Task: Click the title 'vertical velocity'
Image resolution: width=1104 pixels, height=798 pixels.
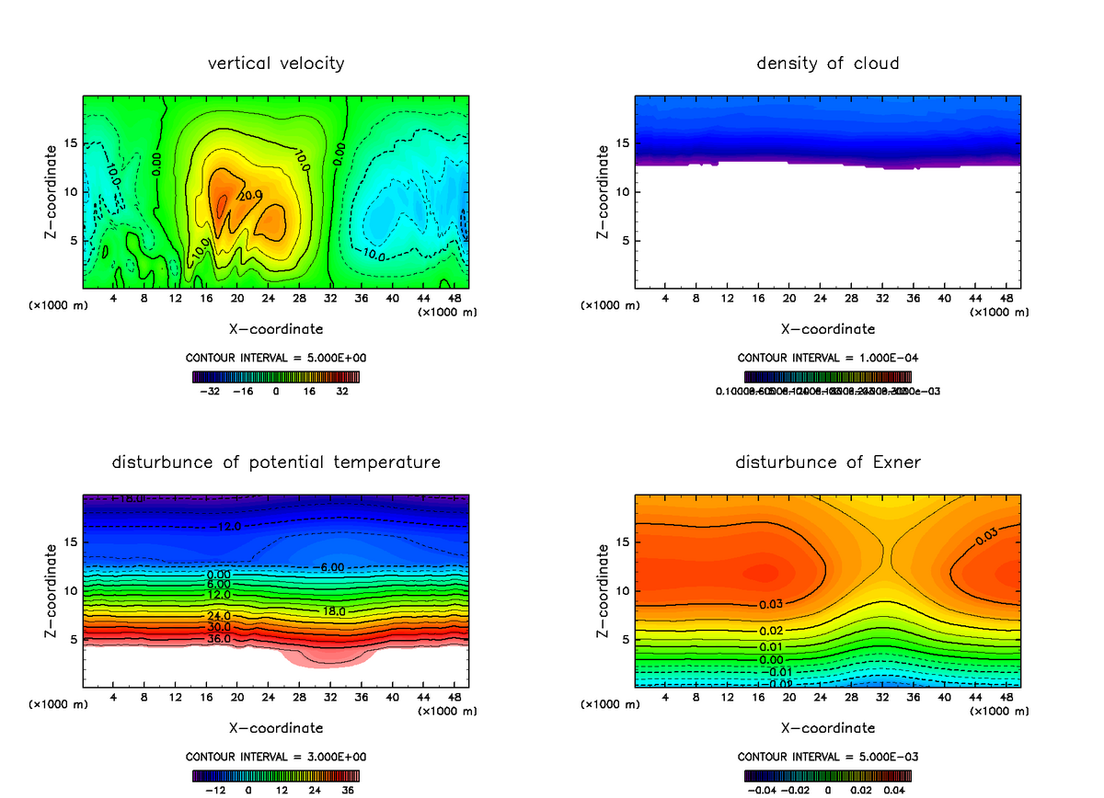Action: coord(276,63)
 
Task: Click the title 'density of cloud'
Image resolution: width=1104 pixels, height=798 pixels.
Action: coord(828,63)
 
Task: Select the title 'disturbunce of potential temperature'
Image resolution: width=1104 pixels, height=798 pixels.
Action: coord(276,462)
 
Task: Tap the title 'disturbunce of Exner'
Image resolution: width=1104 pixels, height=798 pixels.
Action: coord(828,462)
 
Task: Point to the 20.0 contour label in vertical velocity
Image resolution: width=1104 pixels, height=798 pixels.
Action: coord(251,195)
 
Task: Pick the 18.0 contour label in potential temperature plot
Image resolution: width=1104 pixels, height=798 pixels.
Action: coord(333,611)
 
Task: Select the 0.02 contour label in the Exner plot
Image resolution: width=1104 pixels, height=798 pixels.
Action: coord(771,631)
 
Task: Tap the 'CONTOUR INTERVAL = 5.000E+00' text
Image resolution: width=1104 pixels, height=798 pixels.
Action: coord(276,357)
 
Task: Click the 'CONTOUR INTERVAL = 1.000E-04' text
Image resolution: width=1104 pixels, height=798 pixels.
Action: coord(828,358)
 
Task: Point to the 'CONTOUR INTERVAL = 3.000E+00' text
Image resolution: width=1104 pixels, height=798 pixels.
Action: coord(276,757)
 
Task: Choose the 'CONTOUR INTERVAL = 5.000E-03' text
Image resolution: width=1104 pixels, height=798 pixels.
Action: coord(828,757)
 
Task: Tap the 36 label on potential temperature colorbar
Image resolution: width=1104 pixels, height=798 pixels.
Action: coord(349,790)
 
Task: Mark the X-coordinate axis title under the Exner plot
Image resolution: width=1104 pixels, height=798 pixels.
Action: coord(828,728)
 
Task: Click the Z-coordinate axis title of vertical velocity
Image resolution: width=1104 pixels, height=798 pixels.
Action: coord(52,191)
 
